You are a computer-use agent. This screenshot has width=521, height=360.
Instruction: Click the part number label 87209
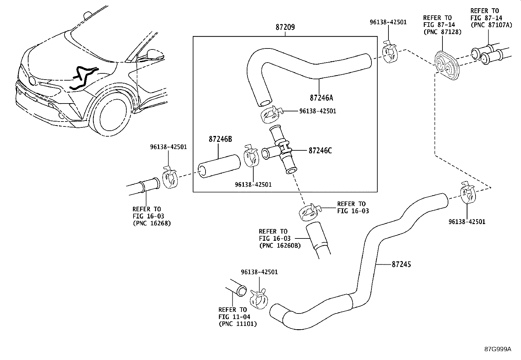coord(285,28)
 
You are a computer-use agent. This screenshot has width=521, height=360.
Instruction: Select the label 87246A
coord(322,98)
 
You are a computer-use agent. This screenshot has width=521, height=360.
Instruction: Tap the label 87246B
coord(220,139)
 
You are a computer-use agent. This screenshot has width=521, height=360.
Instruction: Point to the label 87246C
coord(320,151)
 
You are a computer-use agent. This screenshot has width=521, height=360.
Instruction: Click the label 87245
coord(401,264)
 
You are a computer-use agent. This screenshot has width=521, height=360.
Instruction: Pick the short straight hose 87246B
coord(219,166)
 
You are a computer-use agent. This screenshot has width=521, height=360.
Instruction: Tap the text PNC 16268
coord(152,223)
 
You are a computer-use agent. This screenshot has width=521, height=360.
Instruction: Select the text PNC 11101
coord(238,324)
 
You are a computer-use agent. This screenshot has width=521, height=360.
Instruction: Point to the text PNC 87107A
coord(491,25)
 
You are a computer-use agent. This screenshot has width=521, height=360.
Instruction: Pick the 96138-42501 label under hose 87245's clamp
coord(467,222)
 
